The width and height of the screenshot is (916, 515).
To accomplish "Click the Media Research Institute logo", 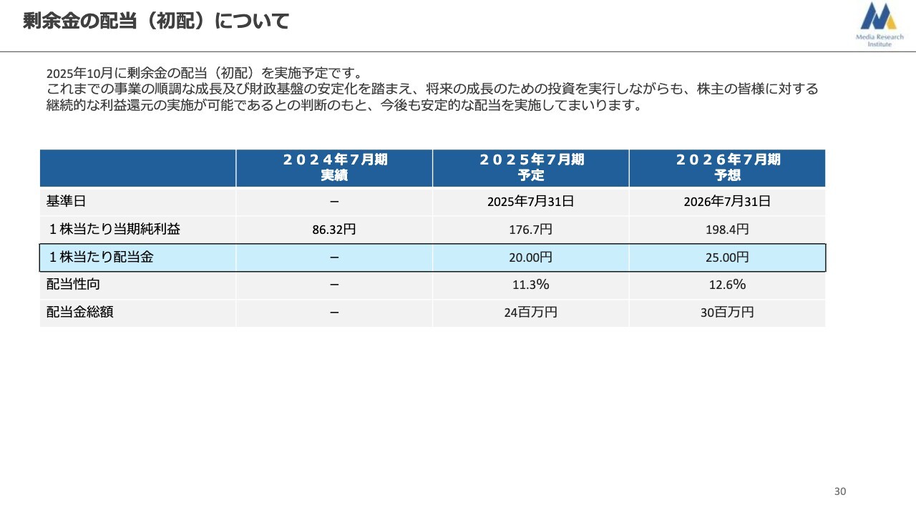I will [879, 24].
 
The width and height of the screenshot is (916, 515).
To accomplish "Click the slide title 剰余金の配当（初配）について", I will [155, 21].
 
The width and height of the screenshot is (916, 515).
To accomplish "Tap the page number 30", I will [840, 491].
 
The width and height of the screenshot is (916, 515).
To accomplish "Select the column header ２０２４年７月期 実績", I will [334, 167].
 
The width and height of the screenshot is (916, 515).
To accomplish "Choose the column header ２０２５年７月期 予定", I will [530, 167].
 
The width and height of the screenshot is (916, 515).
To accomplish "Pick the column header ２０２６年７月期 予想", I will [727, 167].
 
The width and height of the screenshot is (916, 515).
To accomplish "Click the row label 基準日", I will [66, 202].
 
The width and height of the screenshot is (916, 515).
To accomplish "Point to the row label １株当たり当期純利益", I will [114, 230].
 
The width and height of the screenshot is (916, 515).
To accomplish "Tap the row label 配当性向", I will [73, 285].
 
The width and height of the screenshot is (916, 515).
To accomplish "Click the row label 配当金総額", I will [79, 313].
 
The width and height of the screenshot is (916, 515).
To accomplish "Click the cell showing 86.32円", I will [334, 230].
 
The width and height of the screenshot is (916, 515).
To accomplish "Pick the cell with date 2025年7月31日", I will [530, 202].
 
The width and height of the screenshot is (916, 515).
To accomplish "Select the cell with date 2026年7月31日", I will [727, 202].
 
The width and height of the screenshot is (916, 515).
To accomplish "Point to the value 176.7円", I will [530, 230].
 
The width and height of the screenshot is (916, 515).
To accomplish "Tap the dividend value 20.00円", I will [530, 257].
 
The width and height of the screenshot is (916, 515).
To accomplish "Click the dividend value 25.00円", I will [727, 257].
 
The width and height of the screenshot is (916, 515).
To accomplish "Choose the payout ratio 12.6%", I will [727, 285].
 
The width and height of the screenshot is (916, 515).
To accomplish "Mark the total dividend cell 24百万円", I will [530, 313].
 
